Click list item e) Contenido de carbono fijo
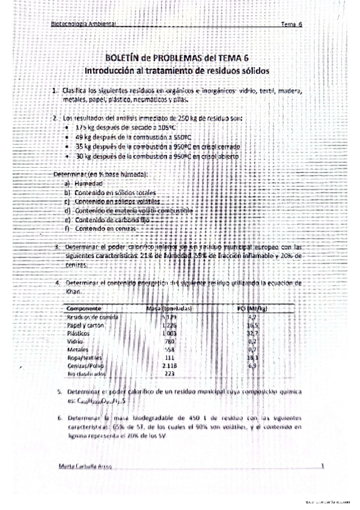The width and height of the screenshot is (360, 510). pyautogui.click(x=108, y=220)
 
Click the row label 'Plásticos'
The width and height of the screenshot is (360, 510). pyautogui.click(x=79, y=333)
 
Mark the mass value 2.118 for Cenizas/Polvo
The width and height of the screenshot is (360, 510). pyautogui.click(x=171, y=364)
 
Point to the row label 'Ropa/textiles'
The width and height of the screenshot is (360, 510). pyautogui.click(x=84, y=357)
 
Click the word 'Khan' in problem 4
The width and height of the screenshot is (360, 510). pyautogui.click(x=72, y=291)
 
